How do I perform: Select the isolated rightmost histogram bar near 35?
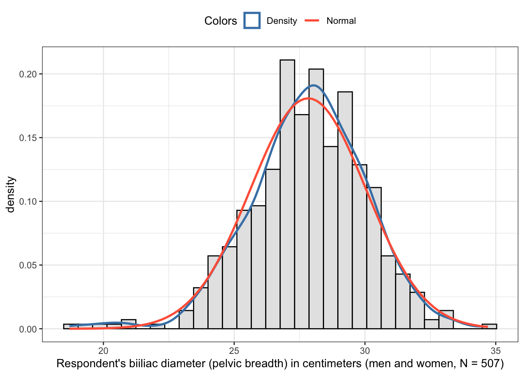click(x=489, y=327)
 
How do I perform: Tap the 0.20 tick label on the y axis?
click(x=28, y=74)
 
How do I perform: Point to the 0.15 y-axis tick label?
click(x=28, y=138)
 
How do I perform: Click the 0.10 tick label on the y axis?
click(x=28, y=202)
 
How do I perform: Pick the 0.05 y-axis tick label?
click(x=28, y=265)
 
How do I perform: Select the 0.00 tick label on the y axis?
click(x=28, y=329)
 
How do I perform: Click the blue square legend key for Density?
click(x=252, y=21)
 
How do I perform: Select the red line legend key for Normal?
click(x=312, y=21)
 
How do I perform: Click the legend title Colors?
click(x=220, y=21)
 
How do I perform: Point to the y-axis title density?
click(x=11, y=195)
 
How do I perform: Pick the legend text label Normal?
click(x=341, y=21)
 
